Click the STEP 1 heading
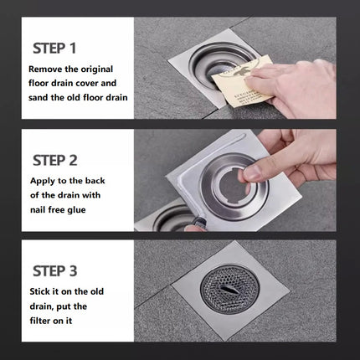click(54, 49)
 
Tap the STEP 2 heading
click(55, 161)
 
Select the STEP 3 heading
click(55, 271)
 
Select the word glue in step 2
click(76, 210)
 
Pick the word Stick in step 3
click(40, 291)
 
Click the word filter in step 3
click(40, 321)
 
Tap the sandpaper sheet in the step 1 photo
click(242, 81)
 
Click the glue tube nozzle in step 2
click(198, 223)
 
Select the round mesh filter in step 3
click(229, 289)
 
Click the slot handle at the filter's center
click(229, 289)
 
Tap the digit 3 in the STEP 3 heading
click(73, 271)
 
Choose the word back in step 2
click(95, 181)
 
